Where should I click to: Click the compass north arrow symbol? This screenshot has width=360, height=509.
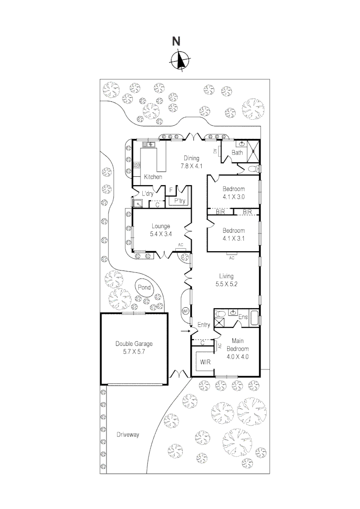click(179, 60)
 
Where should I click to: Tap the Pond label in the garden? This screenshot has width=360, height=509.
click(144, 287)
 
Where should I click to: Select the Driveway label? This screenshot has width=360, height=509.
click(128, 435)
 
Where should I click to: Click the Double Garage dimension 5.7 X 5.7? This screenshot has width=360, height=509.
click(134, 352)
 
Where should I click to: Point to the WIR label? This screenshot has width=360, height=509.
click(205, 362)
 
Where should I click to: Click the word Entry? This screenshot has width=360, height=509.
click(204, 324)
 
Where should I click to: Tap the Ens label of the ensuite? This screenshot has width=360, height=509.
click(243, 317)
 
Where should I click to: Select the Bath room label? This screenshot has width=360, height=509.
click(237, 152)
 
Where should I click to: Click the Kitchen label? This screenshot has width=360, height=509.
click(153, 177)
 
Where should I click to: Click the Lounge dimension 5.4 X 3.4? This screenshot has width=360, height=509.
click(161, 234)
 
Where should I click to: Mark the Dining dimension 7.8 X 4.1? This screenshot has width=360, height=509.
click(192, 166)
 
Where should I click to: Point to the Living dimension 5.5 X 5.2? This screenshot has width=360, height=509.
click(226, 284)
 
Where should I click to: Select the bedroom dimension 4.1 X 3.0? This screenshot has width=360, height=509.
click(234, 197)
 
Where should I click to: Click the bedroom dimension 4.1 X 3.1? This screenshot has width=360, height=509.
click(234, 238)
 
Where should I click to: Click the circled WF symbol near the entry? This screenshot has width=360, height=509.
click(186, 311)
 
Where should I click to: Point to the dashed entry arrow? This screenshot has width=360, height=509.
click(185, 332)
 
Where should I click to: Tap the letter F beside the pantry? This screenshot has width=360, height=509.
click(171, 190)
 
